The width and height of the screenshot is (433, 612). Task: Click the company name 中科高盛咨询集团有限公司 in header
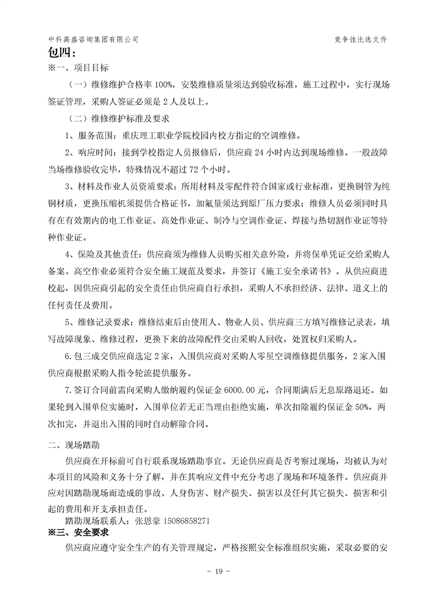point(93,40)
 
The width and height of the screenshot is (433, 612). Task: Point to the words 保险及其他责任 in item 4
point(105,254)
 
